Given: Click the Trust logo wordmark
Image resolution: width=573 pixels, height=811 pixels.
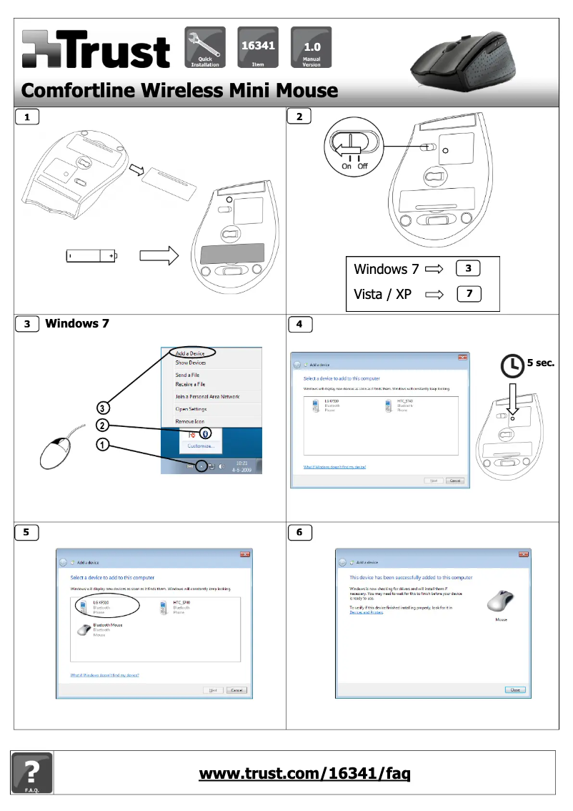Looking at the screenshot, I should point(96,50).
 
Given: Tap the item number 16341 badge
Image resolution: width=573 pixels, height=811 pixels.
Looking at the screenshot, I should point(259,47).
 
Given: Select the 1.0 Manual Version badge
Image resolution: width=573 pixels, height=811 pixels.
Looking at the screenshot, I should point(312,47).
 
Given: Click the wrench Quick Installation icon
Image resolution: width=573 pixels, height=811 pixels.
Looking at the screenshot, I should point(205,47).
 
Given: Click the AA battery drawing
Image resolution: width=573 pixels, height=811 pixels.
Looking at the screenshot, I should point(91,255).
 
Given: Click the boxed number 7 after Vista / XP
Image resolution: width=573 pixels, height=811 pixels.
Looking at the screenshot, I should point(468,293).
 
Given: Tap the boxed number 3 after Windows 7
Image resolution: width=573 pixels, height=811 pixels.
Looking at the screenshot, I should point(468,269).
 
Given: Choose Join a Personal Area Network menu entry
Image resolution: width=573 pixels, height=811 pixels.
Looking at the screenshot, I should point(207,396).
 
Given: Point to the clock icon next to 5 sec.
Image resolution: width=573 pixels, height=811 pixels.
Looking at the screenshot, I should point(512,365).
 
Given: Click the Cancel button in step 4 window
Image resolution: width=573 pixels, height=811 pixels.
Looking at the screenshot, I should point(455,481).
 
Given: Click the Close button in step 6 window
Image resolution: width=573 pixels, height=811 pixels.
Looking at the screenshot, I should point(514,690).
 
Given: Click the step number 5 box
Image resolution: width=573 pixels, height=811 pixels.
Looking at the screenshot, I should point(26,532).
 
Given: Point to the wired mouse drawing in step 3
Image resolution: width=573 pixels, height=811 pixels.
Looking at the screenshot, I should point(56,453).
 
